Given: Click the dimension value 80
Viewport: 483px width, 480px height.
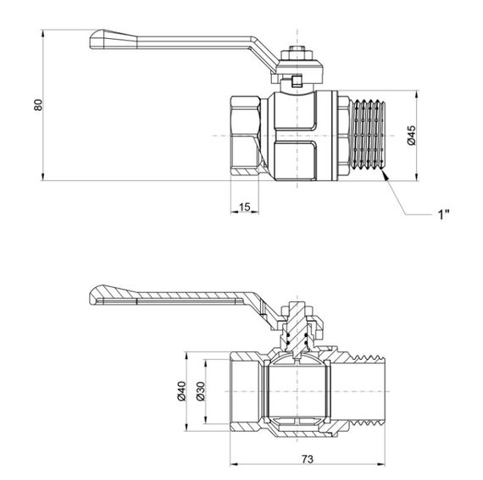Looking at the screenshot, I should point(36,105).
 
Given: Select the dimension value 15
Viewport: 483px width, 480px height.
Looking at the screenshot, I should point(243,208).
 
